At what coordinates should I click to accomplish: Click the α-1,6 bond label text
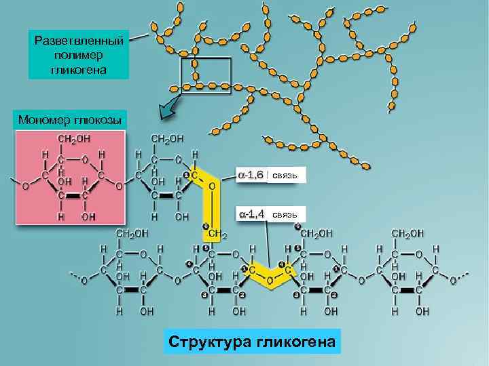[251, 175]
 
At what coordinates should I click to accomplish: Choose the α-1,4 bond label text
[251, 214]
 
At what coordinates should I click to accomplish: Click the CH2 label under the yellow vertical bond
[217, 234]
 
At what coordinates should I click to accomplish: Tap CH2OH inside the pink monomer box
[74, 139]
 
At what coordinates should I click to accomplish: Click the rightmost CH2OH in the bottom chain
[407, 233]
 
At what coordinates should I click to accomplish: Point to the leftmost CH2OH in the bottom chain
[133, 233]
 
